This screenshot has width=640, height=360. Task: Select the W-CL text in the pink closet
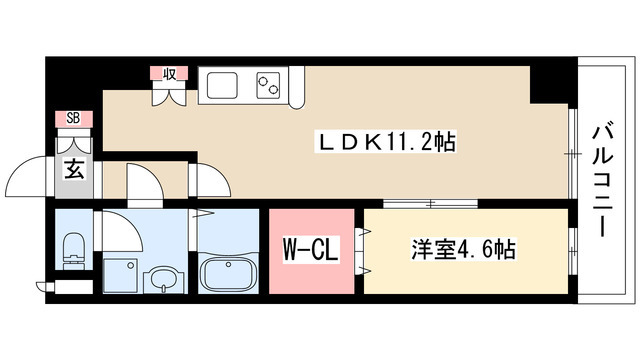(x=311, y=246)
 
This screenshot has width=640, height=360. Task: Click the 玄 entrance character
(x=75, y=168)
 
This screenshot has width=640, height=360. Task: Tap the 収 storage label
(x=166, y=74)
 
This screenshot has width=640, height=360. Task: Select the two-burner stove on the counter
(x=268, y=84)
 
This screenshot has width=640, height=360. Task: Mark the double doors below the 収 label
(x=166, y=95)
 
